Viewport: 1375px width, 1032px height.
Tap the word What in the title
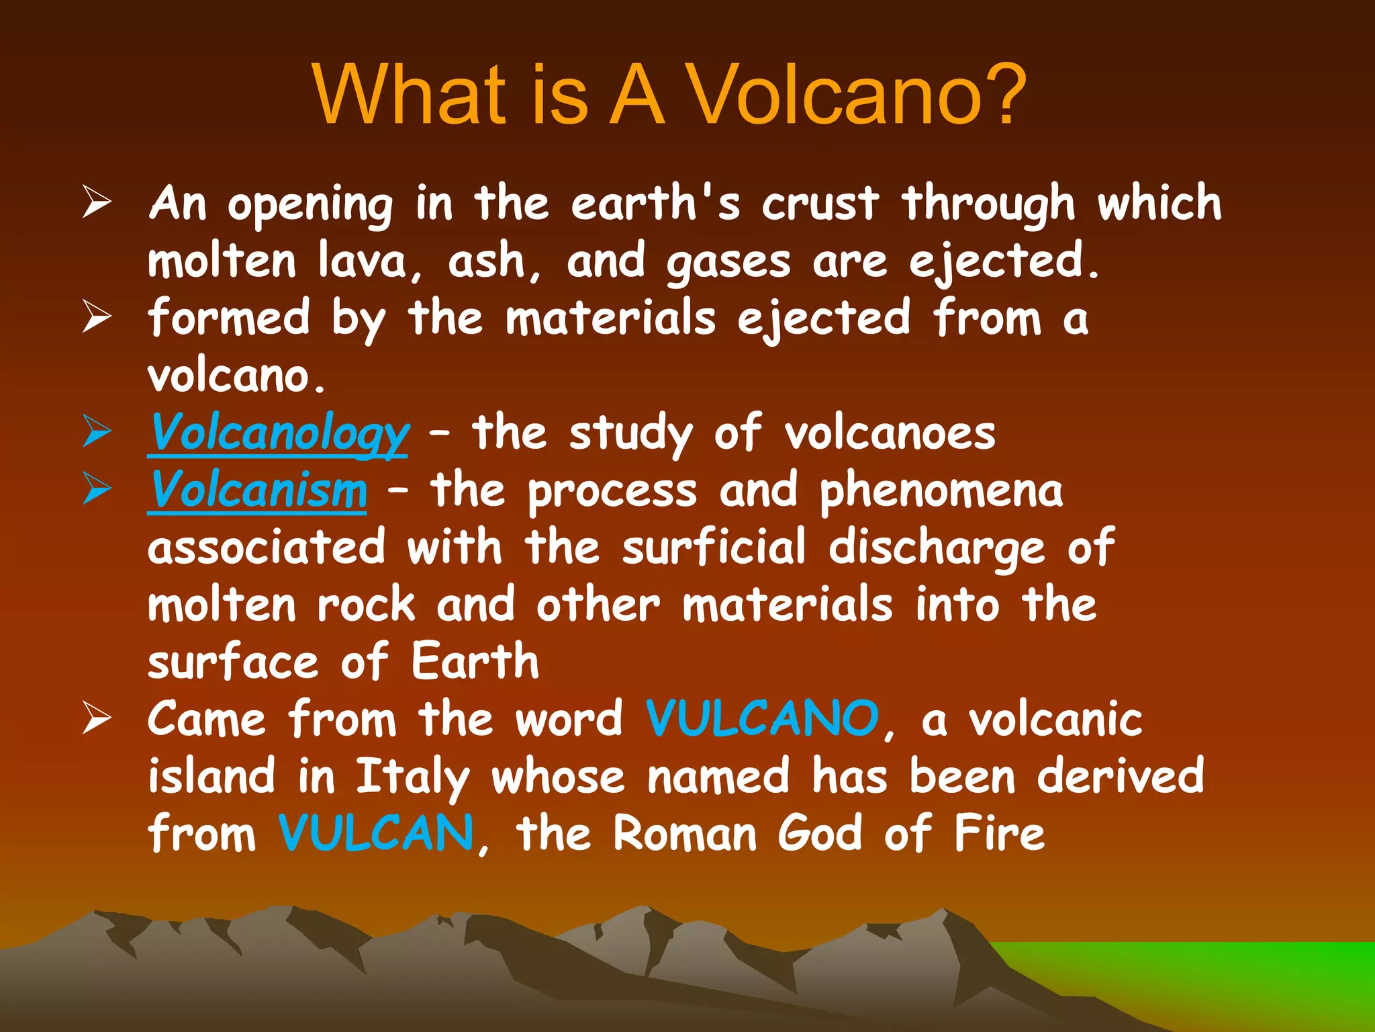409,95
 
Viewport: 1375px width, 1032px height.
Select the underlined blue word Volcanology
278,434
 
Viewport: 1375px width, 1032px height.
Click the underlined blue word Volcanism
257,490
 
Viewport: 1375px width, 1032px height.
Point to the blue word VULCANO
762,719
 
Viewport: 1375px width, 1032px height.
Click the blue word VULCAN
377,833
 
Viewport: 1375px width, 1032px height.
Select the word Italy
412,777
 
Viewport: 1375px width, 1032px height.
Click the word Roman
685,833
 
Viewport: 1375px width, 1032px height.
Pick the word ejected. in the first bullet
1003,261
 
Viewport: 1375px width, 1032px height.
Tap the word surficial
713,548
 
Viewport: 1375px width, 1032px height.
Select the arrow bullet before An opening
97,203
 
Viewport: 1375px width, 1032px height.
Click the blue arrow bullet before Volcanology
97,432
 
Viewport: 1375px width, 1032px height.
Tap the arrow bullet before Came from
97,718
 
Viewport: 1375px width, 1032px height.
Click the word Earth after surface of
475,662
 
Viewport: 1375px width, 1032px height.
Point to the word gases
728,263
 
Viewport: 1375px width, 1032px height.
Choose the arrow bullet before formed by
97,317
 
